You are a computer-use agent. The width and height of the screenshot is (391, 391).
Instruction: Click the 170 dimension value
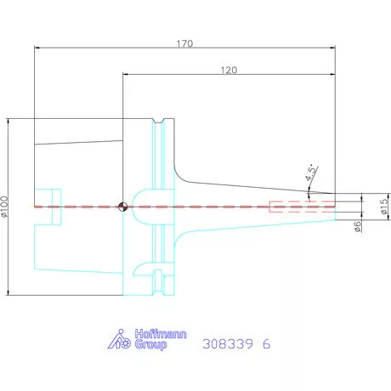(184, 43)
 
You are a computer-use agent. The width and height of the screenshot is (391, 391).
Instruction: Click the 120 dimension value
(229, 70)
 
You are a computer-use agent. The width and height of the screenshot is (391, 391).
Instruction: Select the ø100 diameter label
(4, 207)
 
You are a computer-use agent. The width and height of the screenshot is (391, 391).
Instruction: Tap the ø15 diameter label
(384, 206)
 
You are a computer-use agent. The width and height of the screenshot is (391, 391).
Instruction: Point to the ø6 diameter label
(358, 227)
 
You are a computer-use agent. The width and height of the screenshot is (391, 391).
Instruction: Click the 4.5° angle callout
(311, 173)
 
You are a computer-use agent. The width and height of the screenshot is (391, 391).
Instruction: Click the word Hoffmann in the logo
(161, 334)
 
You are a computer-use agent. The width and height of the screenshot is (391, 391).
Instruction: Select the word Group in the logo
(150, 345)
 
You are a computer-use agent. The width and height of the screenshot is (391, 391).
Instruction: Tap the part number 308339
(228, 344)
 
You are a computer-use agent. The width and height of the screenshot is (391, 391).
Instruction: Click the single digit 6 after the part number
(267, 344)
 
